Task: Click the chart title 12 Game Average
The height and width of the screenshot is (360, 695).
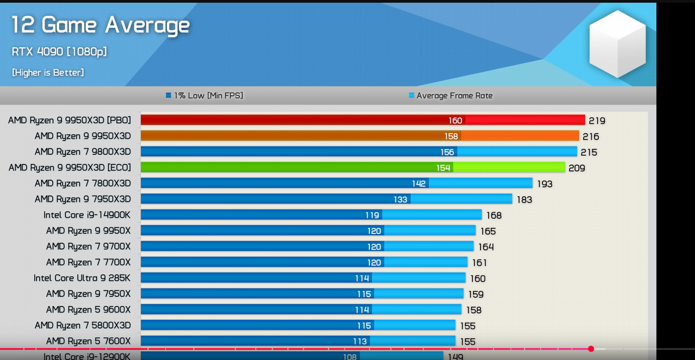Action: [x=100, y=25]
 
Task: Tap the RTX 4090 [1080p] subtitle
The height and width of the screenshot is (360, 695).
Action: [x=59, y=52]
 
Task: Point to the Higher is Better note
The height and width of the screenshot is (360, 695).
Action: [x=48, y=72]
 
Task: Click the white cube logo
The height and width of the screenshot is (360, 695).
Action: [x=617, y=43]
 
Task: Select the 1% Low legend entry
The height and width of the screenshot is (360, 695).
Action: [x=205, y=96]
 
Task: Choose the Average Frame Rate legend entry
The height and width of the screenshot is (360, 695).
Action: [x=451, y=96]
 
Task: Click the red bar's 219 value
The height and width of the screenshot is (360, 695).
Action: [x=597, y=121]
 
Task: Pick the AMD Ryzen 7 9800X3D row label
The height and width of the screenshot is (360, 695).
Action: [x=83, y=151]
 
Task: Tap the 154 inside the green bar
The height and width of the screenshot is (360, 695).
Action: [x=444, y=168]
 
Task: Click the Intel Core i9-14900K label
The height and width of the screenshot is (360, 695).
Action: [x=87, y=215]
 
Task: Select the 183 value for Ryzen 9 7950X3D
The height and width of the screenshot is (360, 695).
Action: [x=525, y=200]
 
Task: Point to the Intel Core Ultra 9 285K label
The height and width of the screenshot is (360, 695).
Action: [x=82, y=278]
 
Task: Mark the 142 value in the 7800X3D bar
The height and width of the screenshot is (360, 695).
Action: [x=419, y=184]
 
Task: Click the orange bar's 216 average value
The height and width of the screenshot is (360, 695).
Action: [x=591, y=136]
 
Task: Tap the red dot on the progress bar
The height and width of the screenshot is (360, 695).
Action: [x=591, y=349]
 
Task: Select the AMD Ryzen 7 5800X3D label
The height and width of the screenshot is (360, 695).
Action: [x=83, y=325]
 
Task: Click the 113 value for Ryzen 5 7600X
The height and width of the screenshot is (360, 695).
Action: [x=360, y=342]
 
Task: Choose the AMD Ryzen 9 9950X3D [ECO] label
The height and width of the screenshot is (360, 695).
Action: [x=69, y=168]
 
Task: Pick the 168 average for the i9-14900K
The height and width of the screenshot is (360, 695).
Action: [x=494, y=216]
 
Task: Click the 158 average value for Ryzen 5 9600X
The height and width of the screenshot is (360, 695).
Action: [x=474, y=310]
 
